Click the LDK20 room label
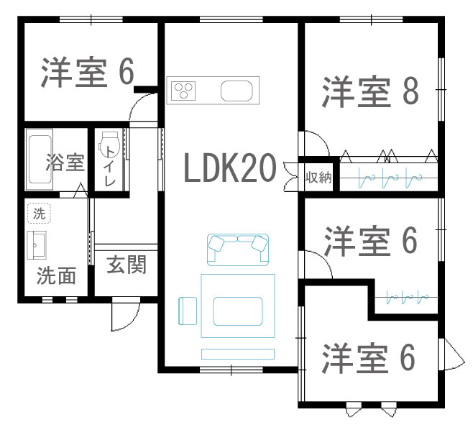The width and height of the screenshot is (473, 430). (230, 168)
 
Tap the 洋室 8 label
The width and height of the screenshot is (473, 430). (370, 91)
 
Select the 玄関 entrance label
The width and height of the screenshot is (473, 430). (127, 265)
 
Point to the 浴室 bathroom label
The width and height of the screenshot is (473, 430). (65, 163)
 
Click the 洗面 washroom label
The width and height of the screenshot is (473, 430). (56, 276)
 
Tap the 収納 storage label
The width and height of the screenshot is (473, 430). (318, 178)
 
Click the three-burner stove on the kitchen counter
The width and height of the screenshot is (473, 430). (183, 91)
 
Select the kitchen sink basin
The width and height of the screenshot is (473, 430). (236, 91)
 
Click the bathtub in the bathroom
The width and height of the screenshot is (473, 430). (40, 160)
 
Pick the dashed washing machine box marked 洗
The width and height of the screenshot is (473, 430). (40, 214)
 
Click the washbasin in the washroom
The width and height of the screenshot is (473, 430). (37, 245)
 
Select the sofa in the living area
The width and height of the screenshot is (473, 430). (238, 250)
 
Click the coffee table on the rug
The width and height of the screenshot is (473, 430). (238, 311)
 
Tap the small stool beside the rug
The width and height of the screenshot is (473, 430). (188, 311)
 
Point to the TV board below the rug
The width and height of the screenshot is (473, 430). (238, 354)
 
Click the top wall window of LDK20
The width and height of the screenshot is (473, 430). (231, 19)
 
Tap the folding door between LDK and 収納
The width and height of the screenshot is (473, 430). (291, 176)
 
